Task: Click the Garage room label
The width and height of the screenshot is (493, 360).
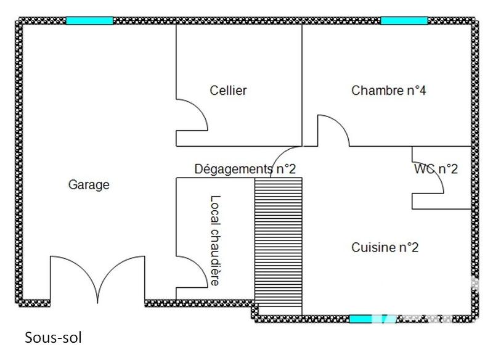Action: pos(89,184)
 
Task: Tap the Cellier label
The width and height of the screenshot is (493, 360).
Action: pos(228,91)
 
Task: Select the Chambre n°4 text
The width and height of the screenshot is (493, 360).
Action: pos(389,91)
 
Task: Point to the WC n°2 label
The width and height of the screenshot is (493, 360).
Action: pos(436,169)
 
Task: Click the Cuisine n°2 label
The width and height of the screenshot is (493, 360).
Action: pos(385,248)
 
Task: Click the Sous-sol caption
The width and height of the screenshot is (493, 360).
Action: pos(53,338)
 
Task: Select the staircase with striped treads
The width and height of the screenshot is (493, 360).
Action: pos(279,243)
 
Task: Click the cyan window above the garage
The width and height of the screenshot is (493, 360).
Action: pos(89,20)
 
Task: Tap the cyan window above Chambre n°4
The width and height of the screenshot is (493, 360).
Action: pos(404,20)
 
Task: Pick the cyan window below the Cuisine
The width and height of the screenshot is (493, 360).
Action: pos(361,319)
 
